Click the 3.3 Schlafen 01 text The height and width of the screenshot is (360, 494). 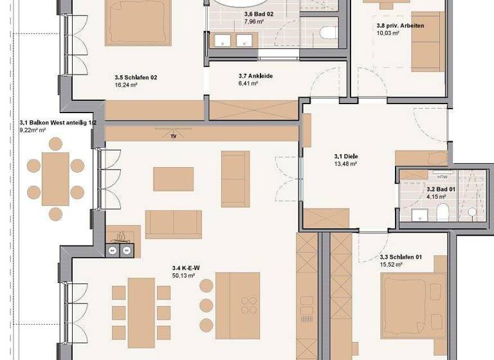click(400, 257)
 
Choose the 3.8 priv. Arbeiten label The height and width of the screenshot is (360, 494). click(400, 26)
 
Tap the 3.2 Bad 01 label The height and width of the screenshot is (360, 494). click(441, 190)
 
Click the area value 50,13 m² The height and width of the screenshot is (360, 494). click(185, 276)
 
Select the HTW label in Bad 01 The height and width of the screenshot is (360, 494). click(442, 175)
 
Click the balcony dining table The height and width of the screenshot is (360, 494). click(55, 178)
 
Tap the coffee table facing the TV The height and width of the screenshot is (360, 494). click(173, 179)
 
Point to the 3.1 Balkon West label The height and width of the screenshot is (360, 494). click(58, 122)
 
